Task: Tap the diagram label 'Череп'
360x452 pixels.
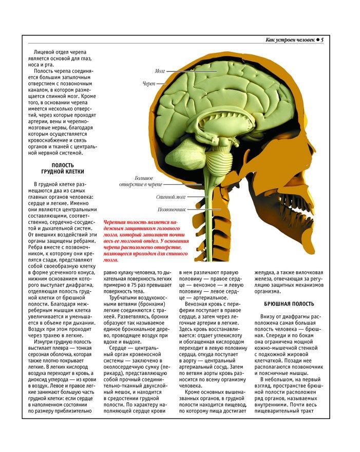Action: [x=148, y=83]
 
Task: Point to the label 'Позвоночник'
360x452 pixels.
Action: [x=171, y=210]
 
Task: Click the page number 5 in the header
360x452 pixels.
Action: [x=322, y=40]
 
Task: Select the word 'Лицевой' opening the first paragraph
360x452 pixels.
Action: [x=44, y=53]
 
